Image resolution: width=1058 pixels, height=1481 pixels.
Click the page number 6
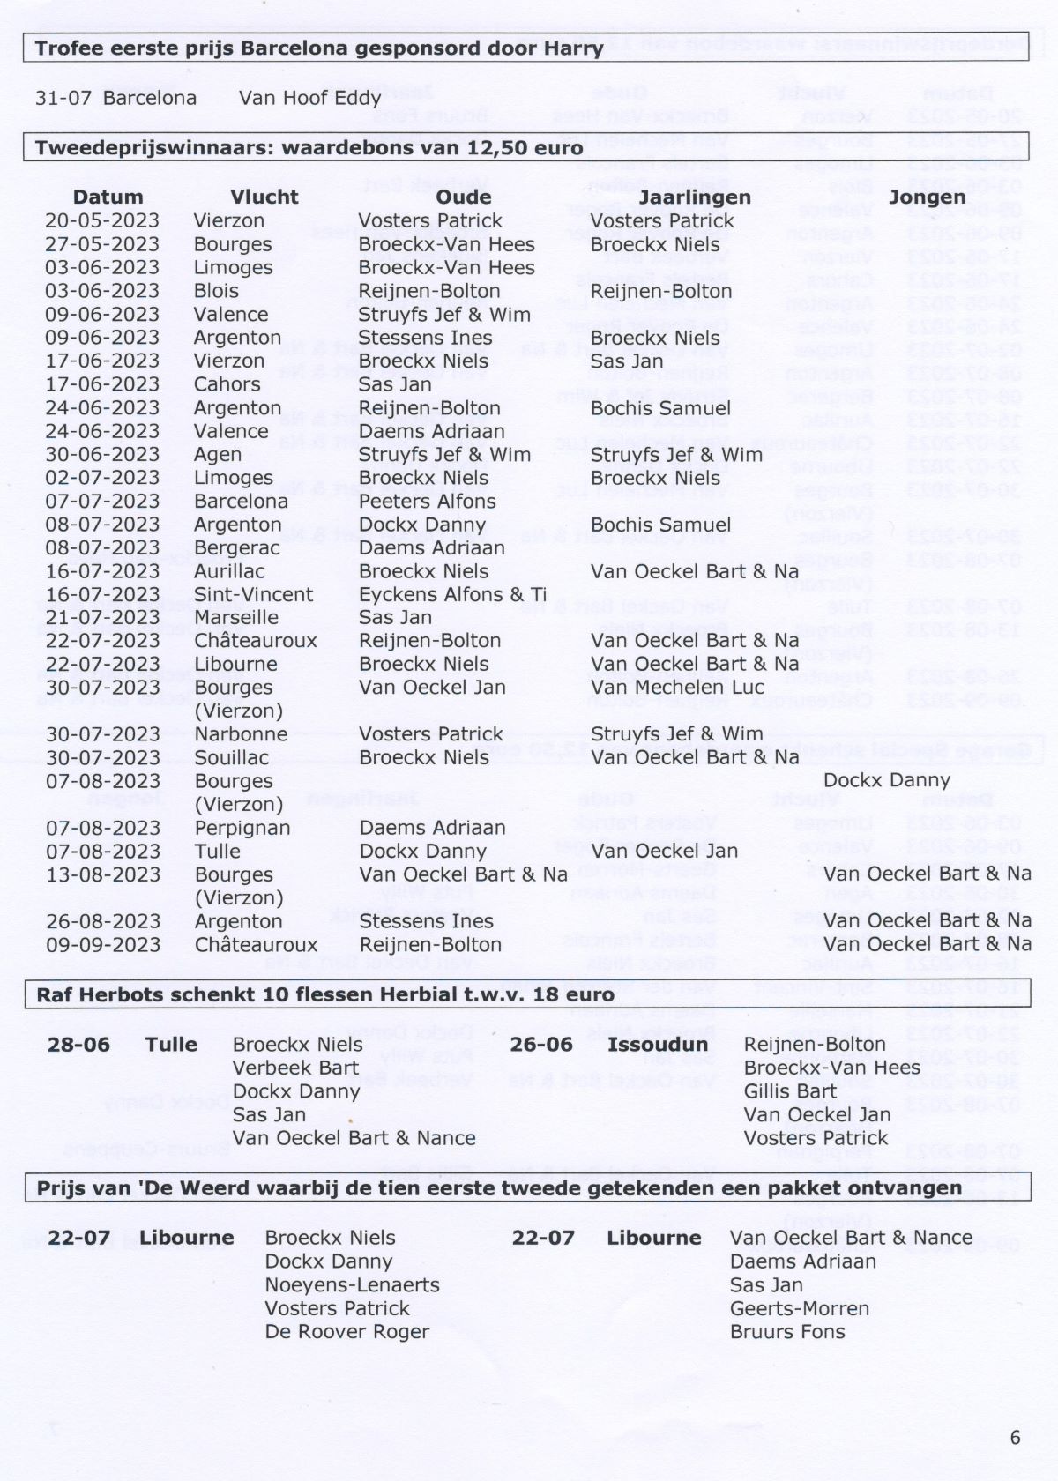[1015, 1437]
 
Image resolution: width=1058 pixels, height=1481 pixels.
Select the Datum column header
[108, 197]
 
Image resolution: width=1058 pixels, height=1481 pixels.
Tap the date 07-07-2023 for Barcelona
[102, 501]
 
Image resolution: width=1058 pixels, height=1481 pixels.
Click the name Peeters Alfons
[427, 501]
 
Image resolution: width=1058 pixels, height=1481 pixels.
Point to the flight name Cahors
[227, 384]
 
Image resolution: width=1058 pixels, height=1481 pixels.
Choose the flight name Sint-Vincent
[253, 594]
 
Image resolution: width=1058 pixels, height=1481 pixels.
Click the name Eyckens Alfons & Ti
[452, 594]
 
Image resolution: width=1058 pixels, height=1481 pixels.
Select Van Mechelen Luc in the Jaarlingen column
[677, 688]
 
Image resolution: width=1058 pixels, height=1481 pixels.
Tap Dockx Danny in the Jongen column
[886, 780]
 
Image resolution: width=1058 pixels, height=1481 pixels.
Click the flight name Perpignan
[242, 828]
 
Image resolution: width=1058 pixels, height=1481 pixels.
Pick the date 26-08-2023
[102, 921]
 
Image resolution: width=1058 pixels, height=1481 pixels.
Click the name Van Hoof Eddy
[309, 97]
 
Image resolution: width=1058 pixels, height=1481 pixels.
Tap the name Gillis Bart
[790, 1091]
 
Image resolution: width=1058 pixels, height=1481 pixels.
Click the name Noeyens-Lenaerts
[352, 1285]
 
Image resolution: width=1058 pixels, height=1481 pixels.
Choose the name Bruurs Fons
[786, 1332]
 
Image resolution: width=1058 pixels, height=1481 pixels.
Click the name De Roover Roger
[346, 1332]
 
